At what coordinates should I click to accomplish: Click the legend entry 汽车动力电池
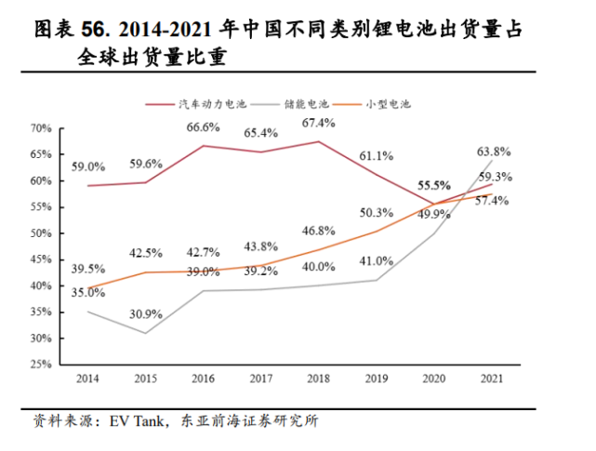[x=209, y=104]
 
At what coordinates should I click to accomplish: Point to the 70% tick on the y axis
[x=39, y=127]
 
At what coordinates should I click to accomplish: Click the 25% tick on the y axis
[x=39, y=365]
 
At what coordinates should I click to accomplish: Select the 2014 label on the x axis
[x=87, y=380]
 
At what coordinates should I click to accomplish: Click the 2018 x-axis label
[x=319, y=380]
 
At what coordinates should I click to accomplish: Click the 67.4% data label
[x=319, y=123]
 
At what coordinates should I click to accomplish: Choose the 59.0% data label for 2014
[x=89, y=167]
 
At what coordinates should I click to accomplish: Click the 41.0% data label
[x=377, y=261]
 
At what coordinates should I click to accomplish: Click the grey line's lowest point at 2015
[x=145, y=333]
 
